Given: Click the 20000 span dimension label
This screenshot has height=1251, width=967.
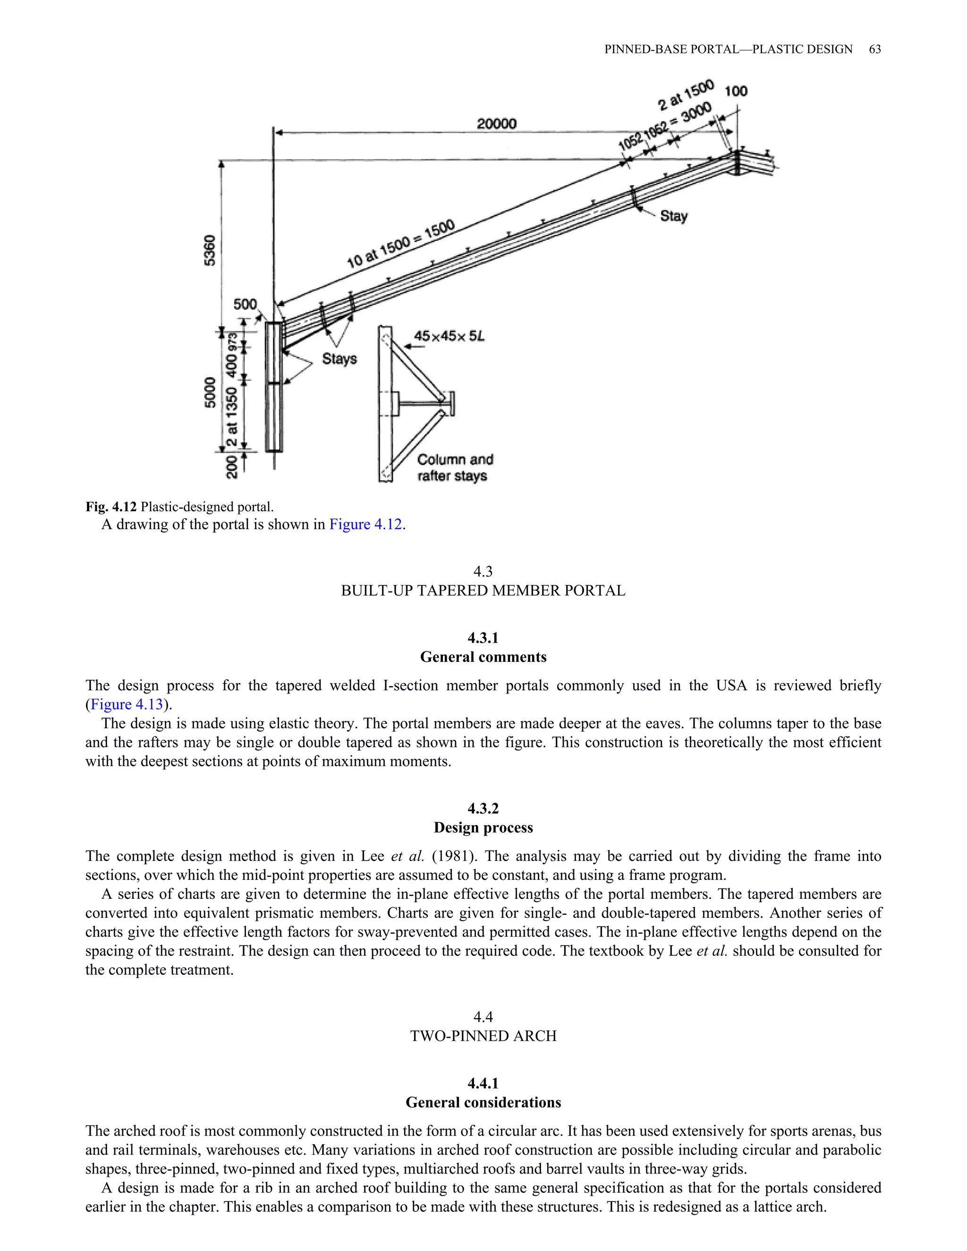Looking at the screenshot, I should tap(497, 123).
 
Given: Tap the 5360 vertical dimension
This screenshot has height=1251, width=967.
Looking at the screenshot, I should tap(210, 250).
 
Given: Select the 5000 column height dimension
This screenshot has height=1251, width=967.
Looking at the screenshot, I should tap(210, 392).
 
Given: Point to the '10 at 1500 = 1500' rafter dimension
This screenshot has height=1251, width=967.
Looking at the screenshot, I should tap(400, 244).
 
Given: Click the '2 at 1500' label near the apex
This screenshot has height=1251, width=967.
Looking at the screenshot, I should tap(685, 96).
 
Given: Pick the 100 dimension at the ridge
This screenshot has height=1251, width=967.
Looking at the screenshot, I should tap(736, 91).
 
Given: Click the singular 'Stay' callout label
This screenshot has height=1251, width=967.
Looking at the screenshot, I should tap(674, 216).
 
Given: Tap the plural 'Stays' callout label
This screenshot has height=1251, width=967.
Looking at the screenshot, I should tap(339, 359).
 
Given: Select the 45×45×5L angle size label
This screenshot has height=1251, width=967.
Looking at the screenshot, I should tap(449, 336).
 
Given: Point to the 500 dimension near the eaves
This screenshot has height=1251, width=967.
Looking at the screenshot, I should tap(245, 304).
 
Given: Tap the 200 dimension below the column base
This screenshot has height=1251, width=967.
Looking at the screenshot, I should tap(231, 466).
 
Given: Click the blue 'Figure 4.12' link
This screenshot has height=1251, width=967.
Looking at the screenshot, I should tap(365, 524).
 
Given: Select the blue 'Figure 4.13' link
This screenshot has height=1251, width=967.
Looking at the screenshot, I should tap(127, 704).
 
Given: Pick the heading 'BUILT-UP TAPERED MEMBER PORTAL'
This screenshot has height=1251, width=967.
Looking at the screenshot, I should tap(483, 591).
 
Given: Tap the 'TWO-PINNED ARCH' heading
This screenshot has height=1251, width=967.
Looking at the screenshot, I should tap(483, 1036).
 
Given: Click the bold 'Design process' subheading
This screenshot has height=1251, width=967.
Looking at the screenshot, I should tap(483, 828).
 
